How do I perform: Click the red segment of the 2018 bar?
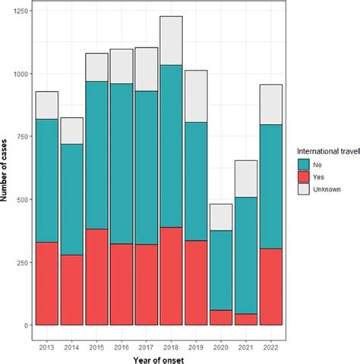[170, 276]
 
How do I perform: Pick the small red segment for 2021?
[245, 319]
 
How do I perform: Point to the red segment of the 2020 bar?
[219, 317]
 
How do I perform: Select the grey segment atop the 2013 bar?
[47, 105]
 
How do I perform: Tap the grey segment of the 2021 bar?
[245, 179]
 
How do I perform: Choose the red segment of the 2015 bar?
[96, 277]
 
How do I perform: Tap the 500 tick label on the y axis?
[21, 199]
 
